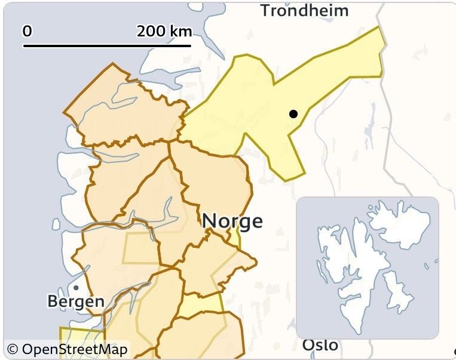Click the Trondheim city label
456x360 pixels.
304,10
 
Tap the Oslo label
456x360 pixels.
320,345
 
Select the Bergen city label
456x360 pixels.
76,301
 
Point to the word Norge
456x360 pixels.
232,221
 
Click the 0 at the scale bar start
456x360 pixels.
27,31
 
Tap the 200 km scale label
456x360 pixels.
163,31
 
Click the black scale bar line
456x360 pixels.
108,45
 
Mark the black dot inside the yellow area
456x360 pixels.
293,113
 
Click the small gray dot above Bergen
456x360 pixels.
76,288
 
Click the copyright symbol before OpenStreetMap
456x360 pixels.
11,349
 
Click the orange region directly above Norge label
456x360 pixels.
215,179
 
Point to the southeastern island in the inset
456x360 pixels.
397,293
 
